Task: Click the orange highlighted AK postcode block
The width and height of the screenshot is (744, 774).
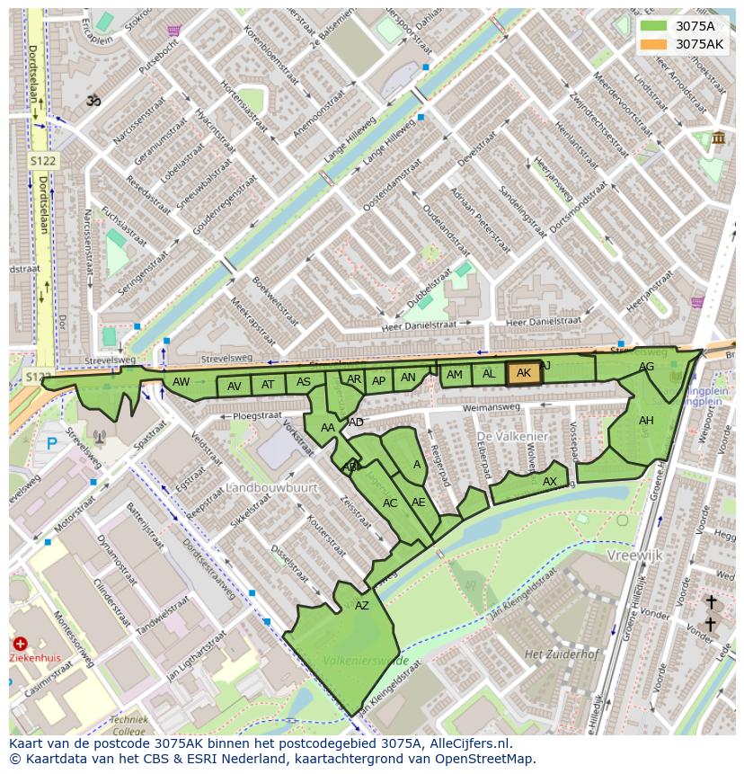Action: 524,373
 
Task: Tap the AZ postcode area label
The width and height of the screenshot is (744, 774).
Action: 362,606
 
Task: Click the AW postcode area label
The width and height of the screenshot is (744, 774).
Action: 182,382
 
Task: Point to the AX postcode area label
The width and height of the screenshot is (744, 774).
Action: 550,482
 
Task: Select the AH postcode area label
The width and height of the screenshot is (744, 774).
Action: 646,421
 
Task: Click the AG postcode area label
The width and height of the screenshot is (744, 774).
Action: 646,367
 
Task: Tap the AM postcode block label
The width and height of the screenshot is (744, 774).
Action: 455,375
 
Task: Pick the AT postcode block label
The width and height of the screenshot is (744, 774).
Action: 268,385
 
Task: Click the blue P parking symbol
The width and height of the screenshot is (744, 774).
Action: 52,443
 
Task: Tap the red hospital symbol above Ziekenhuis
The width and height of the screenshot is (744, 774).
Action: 20,644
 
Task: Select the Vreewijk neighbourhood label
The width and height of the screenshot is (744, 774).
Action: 634,556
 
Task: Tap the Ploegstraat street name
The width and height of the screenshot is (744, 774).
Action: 257,416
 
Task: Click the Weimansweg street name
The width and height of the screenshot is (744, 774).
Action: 492,407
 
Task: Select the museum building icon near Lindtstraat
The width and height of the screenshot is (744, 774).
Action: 718,138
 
